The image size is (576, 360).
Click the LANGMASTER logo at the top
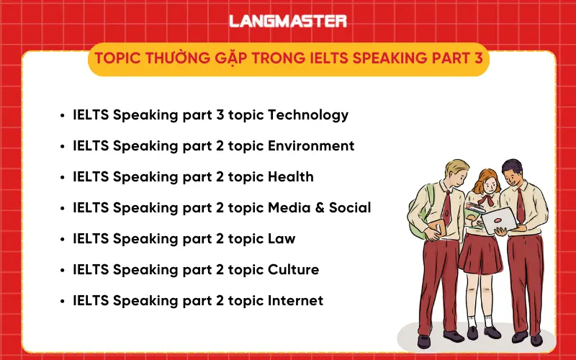[288, 21]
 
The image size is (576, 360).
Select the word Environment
[311, 146]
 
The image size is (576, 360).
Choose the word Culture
[293, 270]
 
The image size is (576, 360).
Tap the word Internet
[295, 301]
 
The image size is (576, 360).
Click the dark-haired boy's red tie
[521, 204]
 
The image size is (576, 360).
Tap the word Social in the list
[350, 208]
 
